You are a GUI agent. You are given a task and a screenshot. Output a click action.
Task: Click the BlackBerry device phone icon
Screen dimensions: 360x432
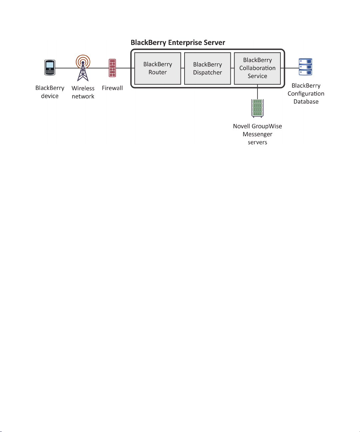[50, 68]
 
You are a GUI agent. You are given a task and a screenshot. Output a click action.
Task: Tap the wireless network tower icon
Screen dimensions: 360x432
[83, 68]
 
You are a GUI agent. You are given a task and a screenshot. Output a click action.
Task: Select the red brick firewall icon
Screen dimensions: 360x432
[112, 68]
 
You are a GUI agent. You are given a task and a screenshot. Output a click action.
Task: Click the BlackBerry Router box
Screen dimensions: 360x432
[158, 69]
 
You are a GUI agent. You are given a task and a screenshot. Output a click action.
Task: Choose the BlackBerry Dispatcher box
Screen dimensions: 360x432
[207, 69]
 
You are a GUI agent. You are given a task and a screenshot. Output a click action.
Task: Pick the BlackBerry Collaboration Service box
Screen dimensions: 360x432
[257, 69]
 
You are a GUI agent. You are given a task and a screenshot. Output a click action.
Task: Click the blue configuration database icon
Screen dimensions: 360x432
[305, 67]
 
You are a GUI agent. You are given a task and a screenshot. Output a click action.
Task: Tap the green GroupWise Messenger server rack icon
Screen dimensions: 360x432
[257, 108]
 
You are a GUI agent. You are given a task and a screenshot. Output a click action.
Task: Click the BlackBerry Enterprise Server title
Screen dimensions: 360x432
[178, 43]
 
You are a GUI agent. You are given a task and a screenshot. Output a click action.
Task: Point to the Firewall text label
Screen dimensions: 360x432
[112, 88]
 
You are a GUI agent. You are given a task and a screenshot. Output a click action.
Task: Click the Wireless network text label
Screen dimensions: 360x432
[83, 92]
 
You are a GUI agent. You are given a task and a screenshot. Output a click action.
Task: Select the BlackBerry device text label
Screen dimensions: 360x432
[50, 92]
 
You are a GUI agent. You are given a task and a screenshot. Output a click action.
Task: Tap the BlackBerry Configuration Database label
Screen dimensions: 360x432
[306, 94]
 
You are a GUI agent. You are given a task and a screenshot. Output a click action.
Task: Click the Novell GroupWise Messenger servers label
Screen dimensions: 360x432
[257, 134]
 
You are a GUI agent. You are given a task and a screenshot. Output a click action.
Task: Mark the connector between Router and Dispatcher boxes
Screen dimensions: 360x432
[183, 68]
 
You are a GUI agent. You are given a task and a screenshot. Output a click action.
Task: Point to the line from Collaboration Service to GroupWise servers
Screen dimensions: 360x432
[257, 92]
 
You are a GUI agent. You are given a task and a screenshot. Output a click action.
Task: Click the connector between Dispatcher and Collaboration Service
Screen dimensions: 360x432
[232, 68]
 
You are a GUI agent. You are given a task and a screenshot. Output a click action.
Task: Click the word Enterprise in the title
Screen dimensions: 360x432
[185, 43]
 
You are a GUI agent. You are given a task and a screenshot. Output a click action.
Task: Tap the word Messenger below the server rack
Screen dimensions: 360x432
[257, 135]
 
